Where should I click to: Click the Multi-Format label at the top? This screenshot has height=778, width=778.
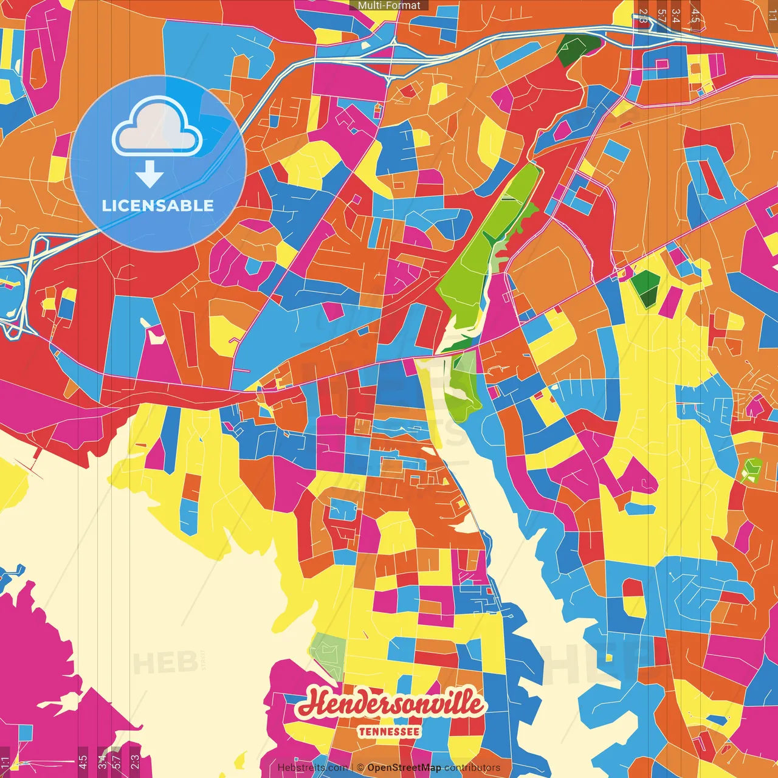[389, 5]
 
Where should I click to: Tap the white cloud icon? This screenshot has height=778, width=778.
[157, 129]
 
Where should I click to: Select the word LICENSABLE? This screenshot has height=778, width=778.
[158, 205]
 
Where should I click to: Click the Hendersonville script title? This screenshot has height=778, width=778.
[390, 704]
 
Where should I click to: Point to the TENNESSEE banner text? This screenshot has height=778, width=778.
[389, 731]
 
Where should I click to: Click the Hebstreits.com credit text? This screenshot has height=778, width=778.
[312, 768]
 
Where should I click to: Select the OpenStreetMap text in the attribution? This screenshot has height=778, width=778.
[404, 768]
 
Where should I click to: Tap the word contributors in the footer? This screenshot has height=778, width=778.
[472, 768]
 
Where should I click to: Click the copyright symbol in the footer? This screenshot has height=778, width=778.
[360, 768]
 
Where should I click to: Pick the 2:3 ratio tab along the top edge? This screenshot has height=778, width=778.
[643, 16]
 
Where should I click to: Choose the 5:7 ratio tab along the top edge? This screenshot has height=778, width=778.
[661, 16]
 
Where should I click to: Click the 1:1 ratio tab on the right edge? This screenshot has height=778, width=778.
[772, 16]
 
